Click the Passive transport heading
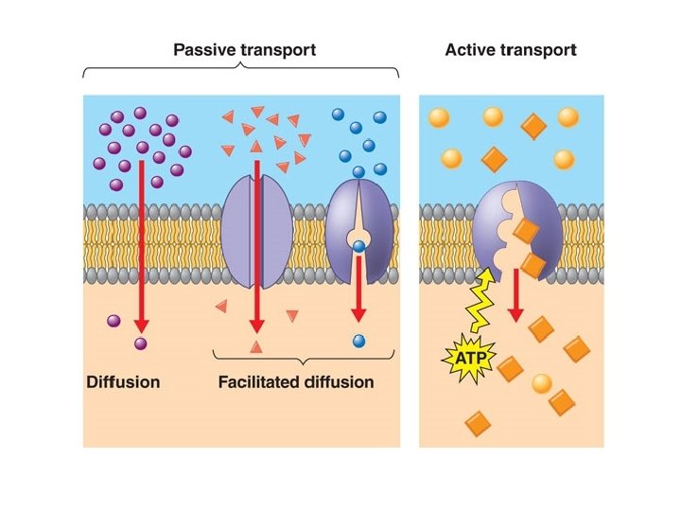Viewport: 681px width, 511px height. (x=245, y=50)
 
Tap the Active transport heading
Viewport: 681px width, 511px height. (x=511, y=50)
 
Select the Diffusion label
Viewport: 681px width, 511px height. (x=123, y=382)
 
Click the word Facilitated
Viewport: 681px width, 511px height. (x=259, y=382)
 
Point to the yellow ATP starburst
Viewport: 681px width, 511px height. (x=469, y=359)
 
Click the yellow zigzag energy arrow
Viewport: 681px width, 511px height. (x=480, y=301)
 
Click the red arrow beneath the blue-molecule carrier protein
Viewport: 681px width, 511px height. (x=358, y=289)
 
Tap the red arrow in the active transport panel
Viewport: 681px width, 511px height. (x=515, y=295)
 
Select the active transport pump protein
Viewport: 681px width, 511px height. (x=516, y=231)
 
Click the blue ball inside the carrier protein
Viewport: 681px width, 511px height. (x=358, y=247)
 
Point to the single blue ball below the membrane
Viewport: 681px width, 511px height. (x=358, y=342)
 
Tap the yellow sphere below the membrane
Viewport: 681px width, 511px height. (x=542, y=383)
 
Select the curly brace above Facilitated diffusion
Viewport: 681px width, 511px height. (x=304, y=357)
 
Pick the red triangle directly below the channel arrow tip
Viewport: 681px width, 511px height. (x=256, y=346)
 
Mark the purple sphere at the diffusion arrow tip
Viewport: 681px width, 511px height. (x=140, y=344)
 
